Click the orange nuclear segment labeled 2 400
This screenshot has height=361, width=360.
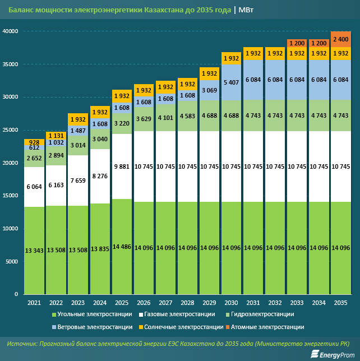(341, 39)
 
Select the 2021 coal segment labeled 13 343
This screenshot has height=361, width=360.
(35, 249)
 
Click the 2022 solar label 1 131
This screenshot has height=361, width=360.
(57, 135)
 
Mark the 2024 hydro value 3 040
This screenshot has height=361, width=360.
(100, 139)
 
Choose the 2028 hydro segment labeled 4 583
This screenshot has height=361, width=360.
(187, 116)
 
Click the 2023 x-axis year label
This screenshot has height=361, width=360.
(78, 303)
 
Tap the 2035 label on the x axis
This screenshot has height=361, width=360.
(340, 303)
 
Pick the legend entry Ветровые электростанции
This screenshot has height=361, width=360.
(95, 327)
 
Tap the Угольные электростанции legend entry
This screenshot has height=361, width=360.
(95, 314)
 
